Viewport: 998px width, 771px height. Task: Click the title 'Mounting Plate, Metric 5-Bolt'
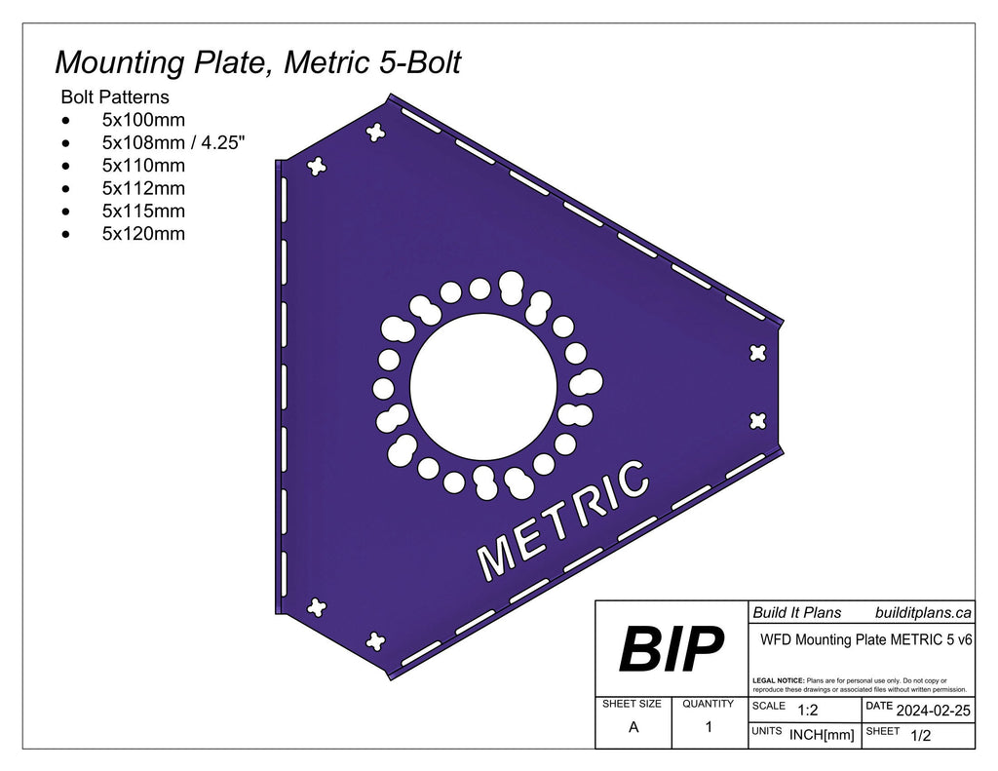257,62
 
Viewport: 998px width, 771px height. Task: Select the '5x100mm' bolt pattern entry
142,121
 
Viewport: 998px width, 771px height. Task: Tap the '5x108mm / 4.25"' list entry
173,143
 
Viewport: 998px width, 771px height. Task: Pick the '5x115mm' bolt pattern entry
142,211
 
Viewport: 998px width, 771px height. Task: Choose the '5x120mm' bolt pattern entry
142,234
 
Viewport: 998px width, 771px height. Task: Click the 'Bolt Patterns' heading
114,97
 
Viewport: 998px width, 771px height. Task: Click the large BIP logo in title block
672,649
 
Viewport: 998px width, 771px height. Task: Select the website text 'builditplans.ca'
922,612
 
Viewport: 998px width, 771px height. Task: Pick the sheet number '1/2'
919,736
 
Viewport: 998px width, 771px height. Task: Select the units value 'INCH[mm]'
821,736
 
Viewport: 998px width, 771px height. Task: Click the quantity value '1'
709,726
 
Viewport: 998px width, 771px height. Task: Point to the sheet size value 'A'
633,726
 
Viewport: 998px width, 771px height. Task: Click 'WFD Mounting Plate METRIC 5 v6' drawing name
864,640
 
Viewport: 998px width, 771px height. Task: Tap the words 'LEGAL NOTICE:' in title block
779,679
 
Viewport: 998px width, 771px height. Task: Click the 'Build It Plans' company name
796,612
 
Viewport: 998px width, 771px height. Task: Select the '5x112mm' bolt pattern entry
142,188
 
